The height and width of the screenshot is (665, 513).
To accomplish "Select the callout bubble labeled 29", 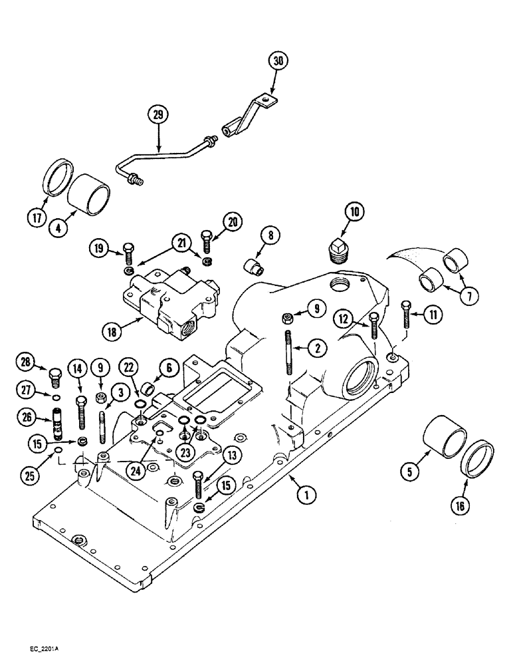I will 157,115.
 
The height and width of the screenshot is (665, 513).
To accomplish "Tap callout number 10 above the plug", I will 354,213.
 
